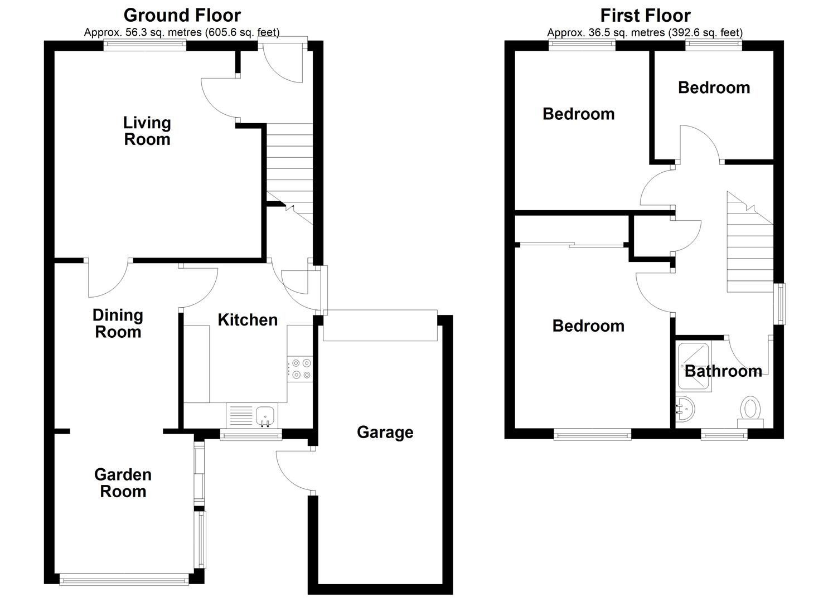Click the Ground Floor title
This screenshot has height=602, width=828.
(182, 16)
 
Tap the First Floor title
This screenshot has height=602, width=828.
(645, 16)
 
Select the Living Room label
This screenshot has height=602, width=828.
(147, 131)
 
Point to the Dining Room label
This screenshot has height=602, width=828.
(118, 323)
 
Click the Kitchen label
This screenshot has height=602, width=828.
(248, 319)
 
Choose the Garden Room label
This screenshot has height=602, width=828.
(123, 483)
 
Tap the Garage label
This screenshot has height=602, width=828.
(385, 433)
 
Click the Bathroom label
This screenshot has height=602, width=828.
(723, 371)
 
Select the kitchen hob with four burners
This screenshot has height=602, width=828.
(300, 369)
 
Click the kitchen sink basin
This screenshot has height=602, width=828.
(265, 415)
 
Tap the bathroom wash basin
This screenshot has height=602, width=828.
(685, 409)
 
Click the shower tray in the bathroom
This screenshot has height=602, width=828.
(693, 367)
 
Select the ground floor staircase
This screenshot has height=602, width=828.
(289, 174)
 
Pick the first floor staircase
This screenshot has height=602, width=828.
(750, 242)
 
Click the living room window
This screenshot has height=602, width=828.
(145, 46)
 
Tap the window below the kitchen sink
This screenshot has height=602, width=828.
(251, 435)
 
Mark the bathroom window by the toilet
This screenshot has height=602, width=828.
(724, 435)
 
